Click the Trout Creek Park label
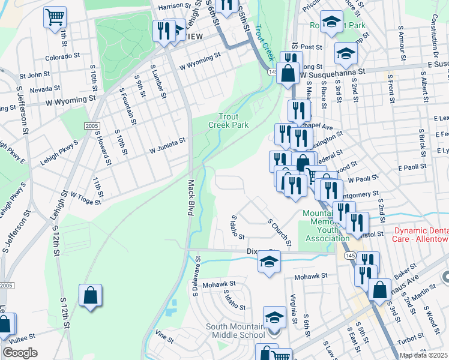[x=228, y=120]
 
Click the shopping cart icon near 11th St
[x=55, y=17]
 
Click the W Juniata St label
[x=167, y=143]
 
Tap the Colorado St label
[x=63, y=58]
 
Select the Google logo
[x=20, y=353]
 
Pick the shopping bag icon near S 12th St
[x=90, y=296]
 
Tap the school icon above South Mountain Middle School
[x=274, y=316]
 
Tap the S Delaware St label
[x=196, y=278]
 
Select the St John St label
[x=35, y=76]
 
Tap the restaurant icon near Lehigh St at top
[x=161, y=30]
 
